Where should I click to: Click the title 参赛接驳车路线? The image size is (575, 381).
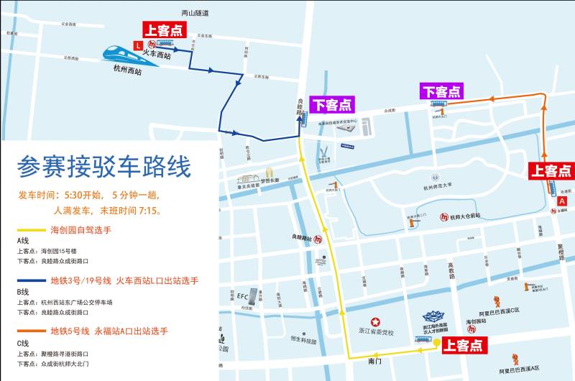pos(104,167)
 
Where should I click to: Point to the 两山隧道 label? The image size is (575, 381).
pos(195,13)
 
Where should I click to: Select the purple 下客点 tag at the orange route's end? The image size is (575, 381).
pos(442,91)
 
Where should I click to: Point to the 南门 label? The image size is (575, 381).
pos(373,362)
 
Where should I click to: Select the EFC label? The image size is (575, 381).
pos(242,296)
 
